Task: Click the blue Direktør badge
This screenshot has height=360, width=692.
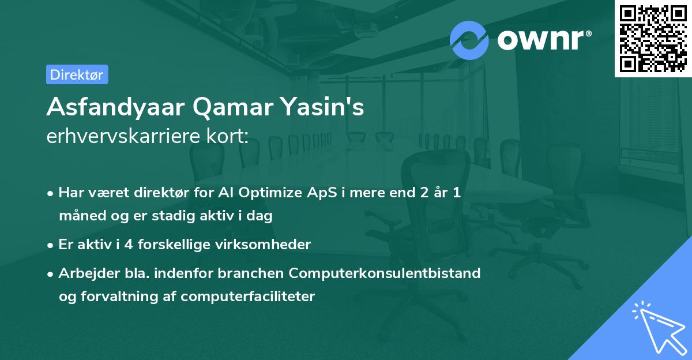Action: tap(77, 74)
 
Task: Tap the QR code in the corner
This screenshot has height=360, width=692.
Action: tap(653, 38)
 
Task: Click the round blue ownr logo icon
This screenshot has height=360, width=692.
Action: tap(469, 40)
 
